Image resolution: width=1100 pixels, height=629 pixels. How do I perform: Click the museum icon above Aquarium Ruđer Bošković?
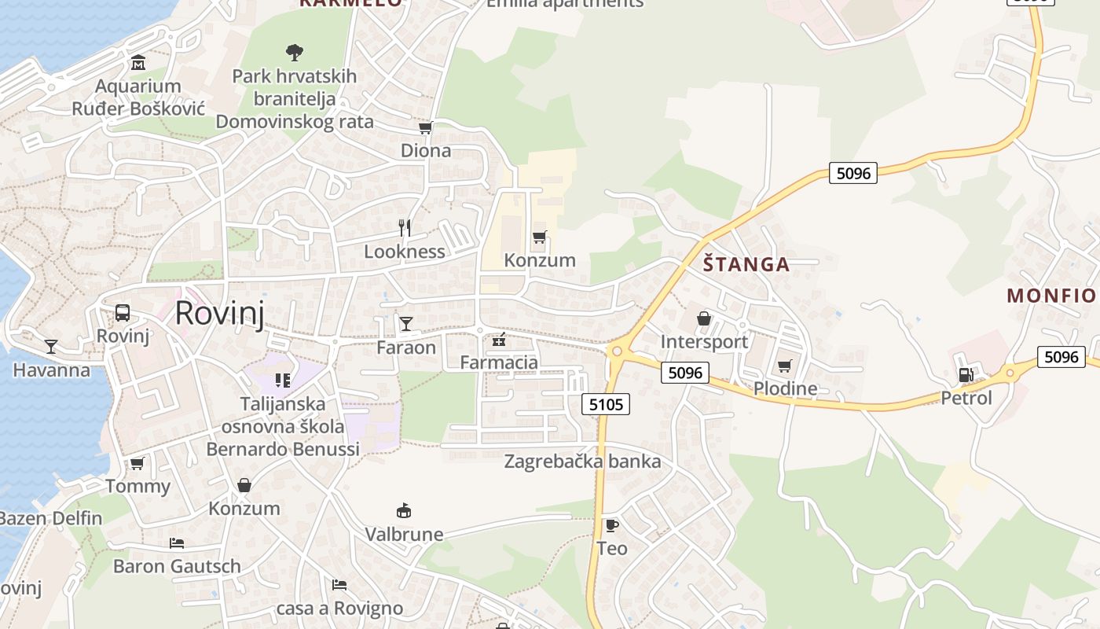(138, 62)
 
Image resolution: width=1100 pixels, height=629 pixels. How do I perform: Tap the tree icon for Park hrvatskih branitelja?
(295, 53)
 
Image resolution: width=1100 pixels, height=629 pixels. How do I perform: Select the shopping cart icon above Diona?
(425, 127)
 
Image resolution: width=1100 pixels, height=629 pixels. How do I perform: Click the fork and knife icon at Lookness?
(405, 228)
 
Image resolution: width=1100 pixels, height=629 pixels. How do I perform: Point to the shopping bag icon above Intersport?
(703, 318)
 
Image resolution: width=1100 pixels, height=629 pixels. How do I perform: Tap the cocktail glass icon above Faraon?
(405, 323)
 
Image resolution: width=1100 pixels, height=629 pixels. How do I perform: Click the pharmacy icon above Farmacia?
(498, 340)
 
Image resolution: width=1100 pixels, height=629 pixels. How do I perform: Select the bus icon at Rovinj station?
(123, 312)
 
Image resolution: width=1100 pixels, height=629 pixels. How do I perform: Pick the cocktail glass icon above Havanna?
(51, 346)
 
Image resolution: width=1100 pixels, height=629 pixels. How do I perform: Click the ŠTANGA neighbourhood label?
(746, 264)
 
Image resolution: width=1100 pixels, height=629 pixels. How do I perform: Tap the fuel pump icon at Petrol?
(966, 375)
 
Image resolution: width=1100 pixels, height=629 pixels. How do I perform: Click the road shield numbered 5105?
(606, 404)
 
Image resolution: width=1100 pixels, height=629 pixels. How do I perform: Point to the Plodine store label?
(785, 388)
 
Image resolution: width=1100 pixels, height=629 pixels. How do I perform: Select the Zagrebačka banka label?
(582, 462)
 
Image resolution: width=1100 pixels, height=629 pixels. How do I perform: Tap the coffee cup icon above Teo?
(611, 525)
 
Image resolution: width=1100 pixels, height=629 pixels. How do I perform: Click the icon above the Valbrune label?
(404, 511)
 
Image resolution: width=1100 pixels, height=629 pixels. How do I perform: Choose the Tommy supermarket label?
(137, 486)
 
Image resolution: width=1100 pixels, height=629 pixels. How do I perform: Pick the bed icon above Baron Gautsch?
(177, 543)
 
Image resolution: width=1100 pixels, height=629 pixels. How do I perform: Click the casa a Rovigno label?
(339, 608)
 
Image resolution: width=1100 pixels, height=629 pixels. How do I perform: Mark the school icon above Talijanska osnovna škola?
(283, 381)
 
